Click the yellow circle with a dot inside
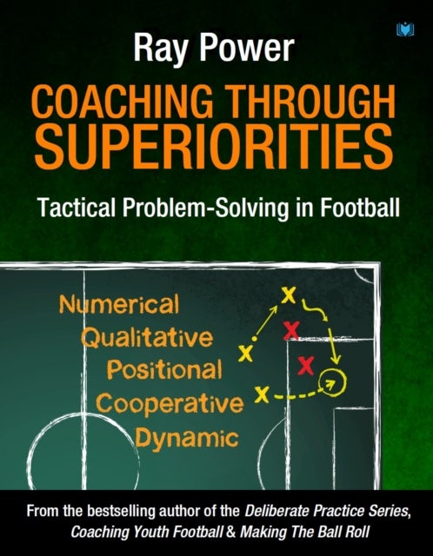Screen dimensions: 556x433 pyautogui.click(x=329, y=380)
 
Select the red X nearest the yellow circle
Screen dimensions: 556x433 pyautogui.click(x=306, y=363)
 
